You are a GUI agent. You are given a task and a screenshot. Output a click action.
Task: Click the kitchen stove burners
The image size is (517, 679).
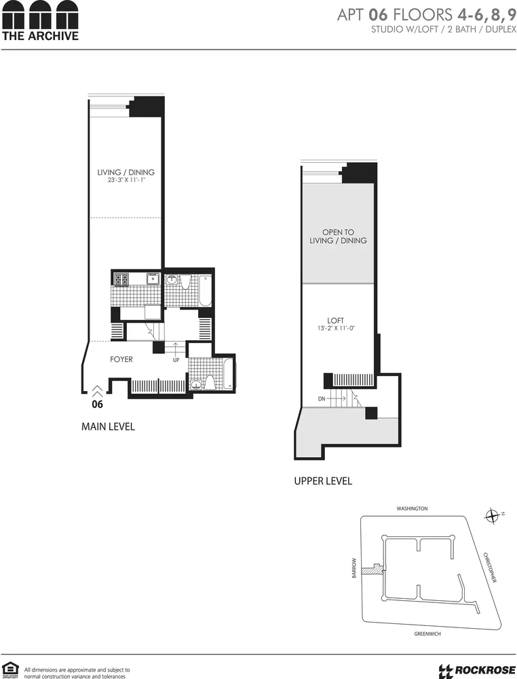coord(121,278)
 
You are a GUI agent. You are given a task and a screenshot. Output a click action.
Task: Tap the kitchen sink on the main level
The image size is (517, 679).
coord(153,278)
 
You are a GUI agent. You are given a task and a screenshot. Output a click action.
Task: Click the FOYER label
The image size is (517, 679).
coord(121,359)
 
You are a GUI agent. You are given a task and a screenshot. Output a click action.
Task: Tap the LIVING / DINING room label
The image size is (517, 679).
coord(126,172)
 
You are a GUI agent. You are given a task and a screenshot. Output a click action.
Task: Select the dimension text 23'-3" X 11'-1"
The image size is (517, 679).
coord(126,181)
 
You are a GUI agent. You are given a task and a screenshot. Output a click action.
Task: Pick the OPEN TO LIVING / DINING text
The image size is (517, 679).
coord(338,236)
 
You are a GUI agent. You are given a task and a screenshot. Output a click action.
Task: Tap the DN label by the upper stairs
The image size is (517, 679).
coord(322,399)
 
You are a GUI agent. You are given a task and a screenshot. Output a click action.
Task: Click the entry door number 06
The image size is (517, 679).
coord(97,404)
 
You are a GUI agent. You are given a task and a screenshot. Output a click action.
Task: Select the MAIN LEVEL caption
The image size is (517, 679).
coord(108,426)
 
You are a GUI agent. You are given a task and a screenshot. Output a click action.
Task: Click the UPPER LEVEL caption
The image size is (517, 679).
coord(322,481)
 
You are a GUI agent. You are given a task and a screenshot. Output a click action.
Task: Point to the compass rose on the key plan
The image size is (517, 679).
coord(493,517)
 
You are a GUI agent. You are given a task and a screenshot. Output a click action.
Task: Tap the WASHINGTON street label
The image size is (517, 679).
coord(413,509)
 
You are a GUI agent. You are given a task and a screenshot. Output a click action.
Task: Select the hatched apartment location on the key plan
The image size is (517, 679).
coord(371,570)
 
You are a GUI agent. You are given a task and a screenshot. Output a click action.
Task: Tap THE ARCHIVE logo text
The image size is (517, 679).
coord(39,36)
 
